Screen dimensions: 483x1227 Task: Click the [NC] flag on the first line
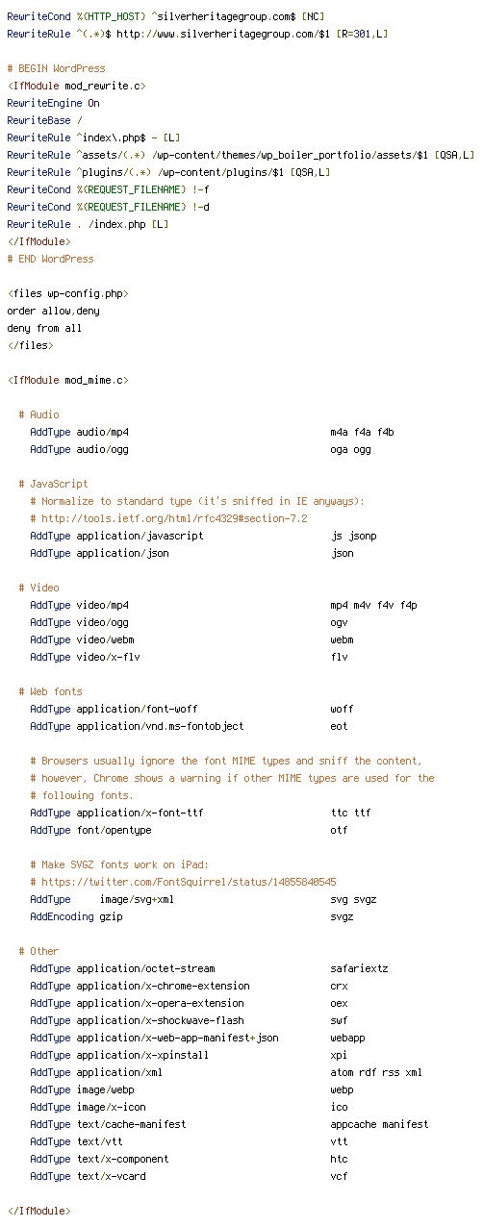tap(313, 16)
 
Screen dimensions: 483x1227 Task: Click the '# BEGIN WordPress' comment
tap(56, 68)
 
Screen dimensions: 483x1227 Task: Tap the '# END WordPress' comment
tap(50, 259)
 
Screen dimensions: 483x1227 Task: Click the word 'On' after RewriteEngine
tap(93, 103)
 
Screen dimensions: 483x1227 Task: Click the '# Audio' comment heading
tap(38, 414)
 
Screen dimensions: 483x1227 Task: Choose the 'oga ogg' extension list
tap(350, 450)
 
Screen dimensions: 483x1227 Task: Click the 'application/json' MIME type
tap(123, 553)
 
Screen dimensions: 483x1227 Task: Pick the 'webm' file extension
tap(342, 639)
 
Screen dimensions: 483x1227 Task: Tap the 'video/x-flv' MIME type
tap(108, 657)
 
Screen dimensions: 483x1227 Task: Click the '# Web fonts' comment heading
tap(50, 691)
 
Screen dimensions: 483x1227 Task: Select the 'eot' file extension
tap(339, 726)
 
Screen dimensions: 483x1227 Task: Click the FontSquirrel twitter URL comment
tap(183, 882)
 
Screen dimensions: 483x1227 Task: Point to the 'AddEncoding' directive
tap(62, 916)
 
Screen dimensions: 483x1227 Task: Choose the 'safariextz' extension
tap(359, 968)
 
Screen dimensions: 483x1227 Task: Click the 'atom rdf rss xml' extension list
tap(376, 1072)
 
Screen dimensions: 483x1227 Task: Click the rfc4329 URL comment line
tap(169, 518)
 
